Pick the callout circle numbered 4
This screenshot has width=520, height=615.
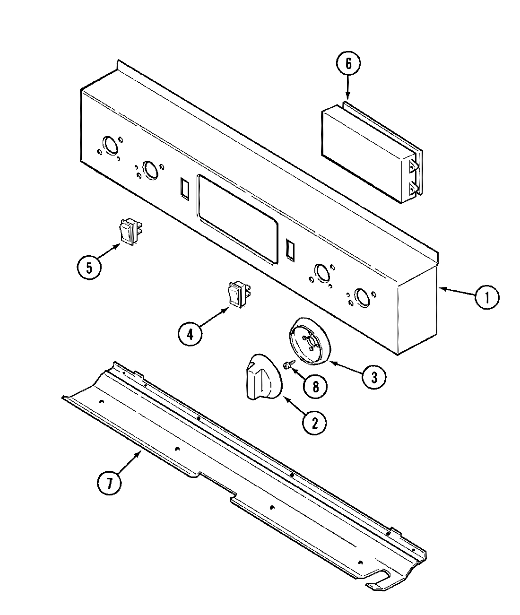(190, 334)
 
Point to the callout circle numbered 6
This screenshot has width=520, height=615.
(348, 63)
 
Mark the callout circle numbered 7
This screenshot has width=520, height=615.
(109, 483)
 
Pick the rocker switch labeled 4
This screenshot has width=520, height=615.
(239, 294)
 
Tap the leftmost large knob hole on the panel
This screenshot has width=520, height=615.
(110, 146)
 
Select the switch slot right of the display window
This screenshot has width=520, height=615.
(290, 249)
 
